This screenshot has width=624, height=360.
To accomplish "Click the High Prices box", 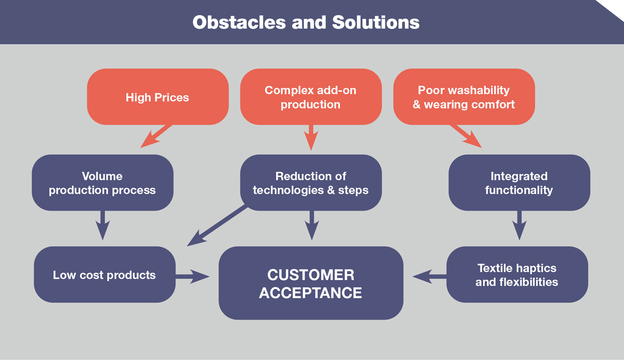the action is [157, 96].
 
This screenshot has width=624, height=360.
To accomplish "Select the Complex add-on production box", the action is [311, 96].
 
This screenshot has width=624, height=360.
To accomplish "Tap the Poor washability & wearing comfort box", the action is [464, 96].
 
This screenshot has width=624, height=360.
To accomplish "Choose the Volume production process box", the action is [103, 182].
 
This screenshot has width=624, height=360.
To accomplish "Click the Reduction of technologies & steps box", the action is [311, 182].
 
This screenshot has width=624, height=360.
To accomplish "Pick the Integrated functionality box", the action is [519, 182].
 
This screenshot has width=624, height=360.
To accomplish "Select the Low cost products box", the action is [105, 275].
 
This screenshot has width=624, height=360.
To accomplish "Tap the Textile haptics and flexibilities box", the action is [517, 275].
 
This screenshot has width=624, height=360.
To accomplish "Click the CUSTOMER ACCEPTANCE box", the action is [311, 283].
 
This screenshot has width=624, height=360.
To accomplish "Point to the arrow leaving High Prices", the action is [156, 136].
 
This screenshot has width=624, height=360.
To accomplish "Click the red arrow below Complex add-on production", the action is [311, 138].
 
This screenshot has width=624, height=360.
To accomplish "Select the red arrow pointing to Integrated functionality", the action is [466, 136].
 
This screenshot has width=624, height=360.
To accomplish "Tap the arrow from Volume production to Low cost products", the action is [103, 225].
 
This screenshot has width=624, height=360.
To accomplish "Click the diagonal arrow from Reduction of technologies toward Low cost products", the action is [217, 226].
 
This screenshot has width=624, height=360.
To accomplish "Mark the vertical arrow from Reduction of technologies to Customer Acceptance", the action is [312, 225].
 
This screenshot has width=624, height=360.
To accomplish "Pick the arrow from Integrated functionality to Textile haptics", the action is [519, 225].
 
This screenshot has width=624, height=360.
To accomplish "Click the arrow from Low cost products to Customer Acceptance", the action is [192, 276].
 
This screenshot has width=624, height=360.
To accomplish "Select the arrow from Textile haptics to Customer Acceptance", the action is [430, 276].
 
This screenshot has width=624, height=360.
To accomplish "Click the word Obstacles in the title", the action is [239, 22].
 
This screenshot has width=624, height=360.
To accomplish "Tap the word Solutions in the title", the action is [376, 22].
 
